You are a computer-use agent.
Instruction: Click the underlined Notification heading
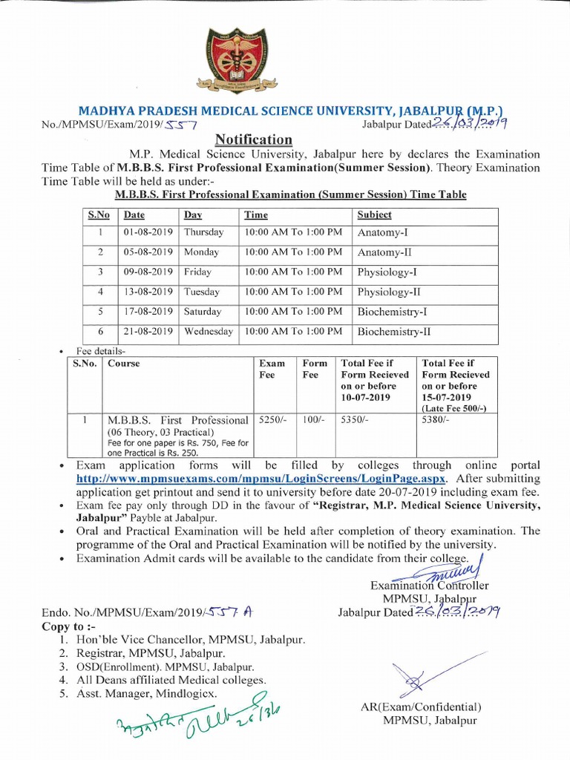coord(254,140)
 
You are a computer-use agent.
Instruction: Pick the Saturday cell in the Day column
coord(203,312)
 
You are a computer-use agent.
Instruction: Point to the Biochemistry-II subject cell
coord(394,332)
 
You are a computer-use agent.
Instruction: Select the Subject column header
coord(375,214)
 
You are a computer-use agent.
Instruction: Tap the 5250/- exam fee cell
coord(272,420)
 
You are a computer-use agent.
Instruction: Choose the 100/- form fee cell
coord(312,420)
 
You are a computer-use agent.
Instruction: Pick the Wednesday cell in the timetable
coord(208,332)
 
